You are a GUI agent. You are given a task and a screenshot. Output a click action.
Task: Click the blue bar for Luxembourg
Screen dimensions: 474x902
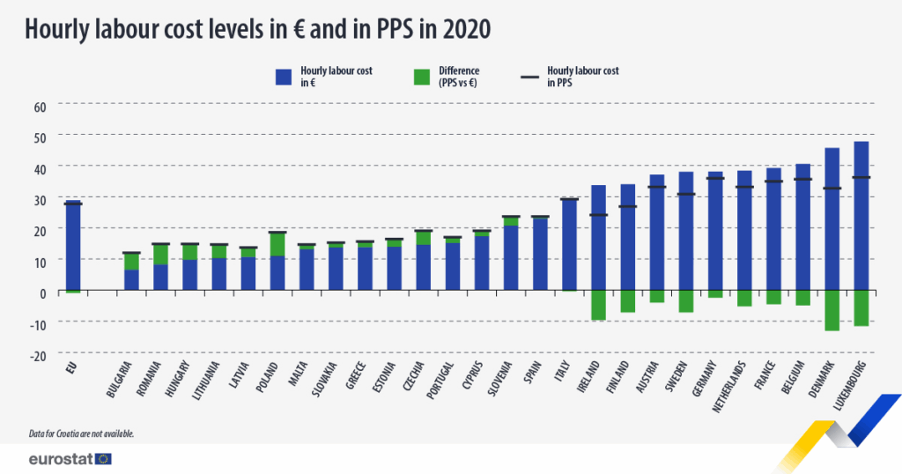point(861,216)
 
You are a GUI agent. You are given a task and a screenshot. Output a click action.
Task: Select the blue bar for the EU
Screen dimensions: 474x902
point(73,247)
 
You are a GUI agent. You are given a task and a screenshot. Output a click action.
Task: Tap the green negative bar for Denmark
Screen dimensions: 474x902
point(832,310)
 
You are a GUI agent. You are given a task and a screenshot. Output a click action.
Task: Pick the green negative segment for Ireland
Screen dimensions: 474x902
point(598,305)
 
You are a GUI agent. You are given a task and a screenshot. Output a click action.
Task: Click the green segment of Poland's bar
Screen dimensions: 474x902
point(277,244)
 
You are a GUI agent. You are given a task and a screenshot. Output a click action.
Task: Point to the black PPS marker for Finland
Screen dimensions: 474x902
point(627,207)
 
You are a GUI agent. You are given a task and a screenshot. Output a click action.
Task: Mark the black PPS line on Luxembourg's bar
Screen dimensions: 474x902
point(861,178)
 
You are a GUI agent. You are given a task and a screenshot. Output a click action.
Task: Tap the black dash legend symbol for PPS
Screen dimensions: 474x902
point(530,77)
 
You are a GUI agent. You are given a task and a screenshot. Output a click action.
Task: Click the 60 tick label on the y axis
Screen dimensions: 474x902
point(39,106)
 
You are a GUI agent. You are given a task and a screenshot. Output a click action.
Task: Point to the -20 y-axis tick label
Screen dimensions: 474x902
point(38,355)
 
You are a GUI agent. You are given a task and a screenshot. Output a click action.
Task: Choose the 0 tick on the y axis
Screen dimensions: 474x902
point(41,292)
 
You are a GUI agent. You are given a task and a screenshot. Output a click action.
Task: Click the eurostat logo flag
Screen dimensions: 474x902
point(103,458)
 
